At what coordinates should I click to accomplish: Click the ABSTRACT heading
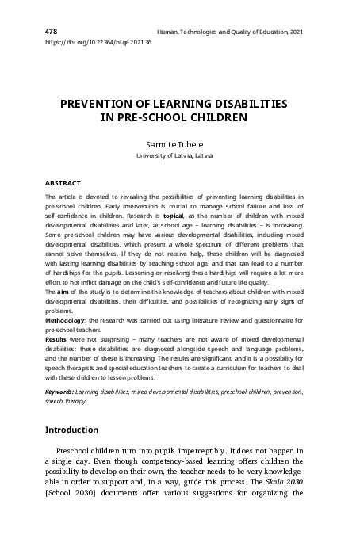pyautogui.click(x=63, y=182)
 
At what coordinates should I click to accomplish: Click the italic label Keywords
pyautogui.click(x=59, y=392)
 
